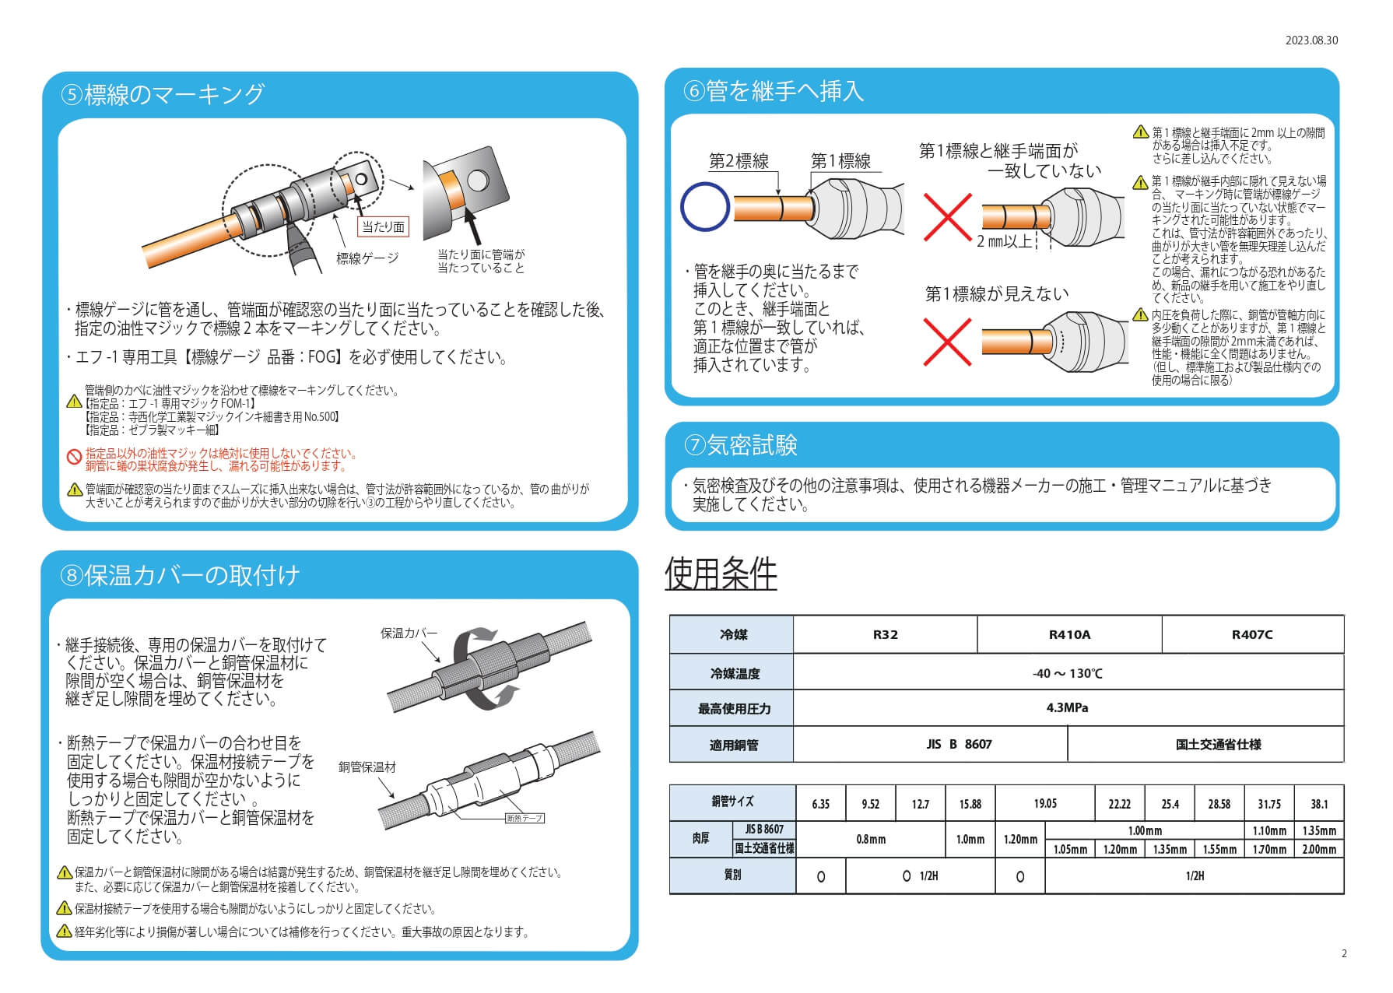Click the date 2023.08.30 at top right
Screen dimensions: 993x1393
pyautogui.click(x=1311, y=40)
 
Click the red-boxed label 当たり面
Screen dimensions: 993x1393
pyautogui.click(x=383, y=226)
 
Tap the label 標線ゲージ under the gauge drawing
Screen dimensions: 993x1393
pyautogui.click(x=367, y=258)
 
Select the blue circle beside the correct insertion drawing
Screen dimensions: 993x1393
pyautogui.click(x=704, y=207)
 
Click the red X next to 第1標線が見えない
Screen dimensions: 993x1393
pyautogui.click(x=947, y=342)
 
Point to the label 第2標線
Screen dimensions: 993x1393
pyautogui.click(x=739, y=161)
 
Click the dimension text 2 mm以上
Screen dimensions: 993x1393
pyautogui.click(x=1004, y=241)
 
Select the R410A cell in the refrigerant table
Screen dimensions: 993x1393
pyautogui.click(x=1069, y=634)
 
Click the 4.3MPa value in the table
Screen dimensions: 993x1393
pyautogui.click(x=1067, y=708)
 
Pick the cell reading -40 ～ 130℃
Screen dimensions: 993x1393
pyautogui.click(x=1067, y=673)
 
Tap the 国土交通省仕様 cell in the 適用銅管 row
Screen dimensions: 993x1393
pyautogui.click(x=1206, y=745)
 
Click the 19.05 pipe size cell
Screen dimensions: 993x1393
pyautogui.click(x=1044, y=803)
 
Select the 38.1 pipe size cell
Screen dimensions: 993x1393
pyautogui.click(x=1319, y=804)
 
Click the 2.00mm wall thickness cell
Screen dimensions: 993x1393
pyautogui.click(x=1319, y=849)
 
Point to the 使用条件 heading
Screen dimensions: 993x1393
pyautogui.click(x=721, y=574)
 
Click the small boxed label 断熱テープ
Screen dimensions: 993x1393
pyautogui.click(x=524, y=818)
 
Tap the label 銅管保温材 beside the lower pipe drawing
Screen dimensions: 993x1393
pyautogui.click(x=367, y=767)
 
